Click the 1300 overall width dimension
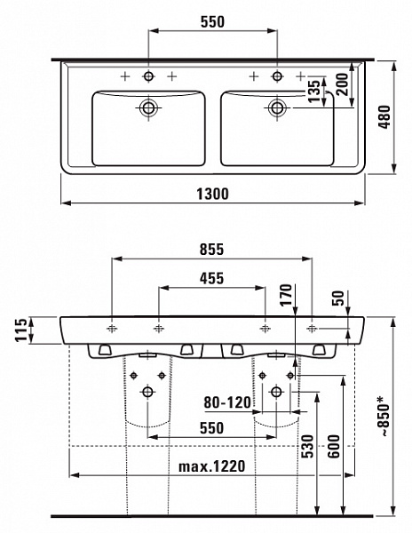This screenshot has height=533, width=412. (213, 193)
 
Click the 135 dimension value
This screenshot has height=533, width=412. (313, 93)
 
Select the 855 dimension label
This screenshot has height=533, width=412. (211, 249)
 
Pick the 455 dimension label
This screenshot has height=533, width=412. (211, 278)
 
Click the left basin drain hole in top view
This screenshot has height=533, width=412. (148, 109)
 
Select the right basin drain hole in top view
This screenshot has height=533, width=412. (276, 109)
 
